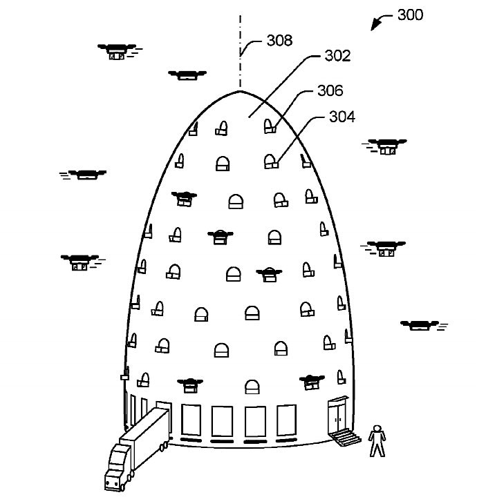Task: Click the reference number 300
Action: [411, 14]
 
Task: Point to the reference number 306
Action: [330, 90]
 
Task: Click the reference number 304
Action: [342, 117]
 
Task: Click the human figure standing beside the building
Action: [376, 440]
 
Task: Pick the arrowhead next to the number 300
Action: [375, 26]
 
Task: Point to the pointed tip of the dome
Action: [240, 90]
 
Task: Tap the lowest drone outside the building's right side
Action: [419, 325]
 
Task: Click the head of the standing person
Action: [376, 427]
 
